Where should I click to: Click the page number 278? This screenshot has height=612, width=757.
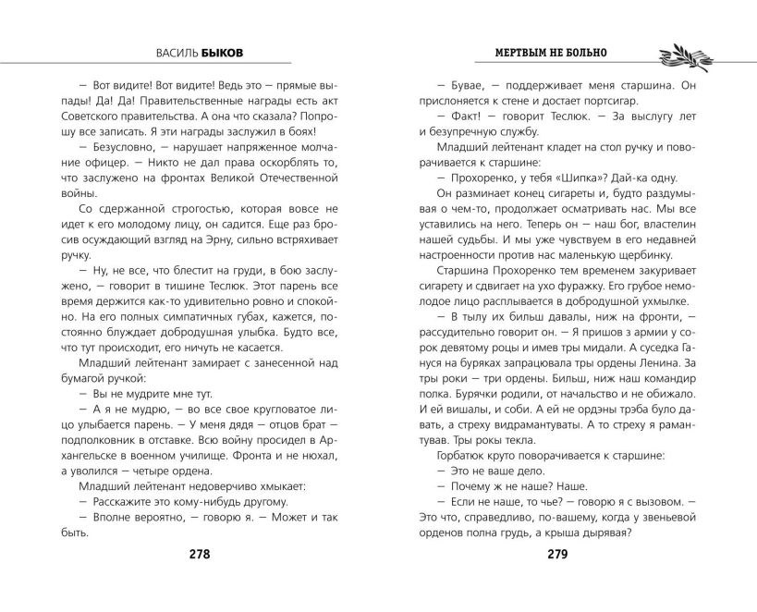(199, 555)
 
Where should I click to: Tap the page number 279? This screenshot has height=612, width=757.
(556, 555)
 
